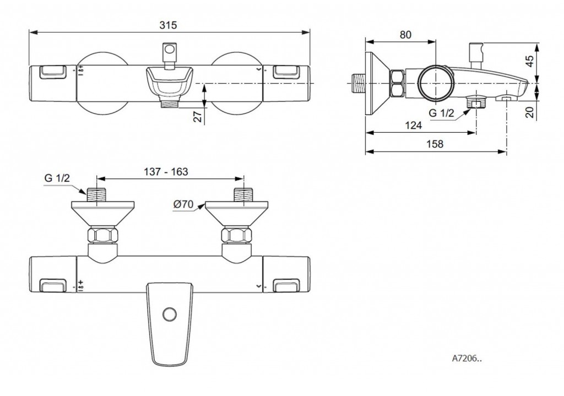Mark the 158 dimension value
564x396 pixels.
coord(435,144)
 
